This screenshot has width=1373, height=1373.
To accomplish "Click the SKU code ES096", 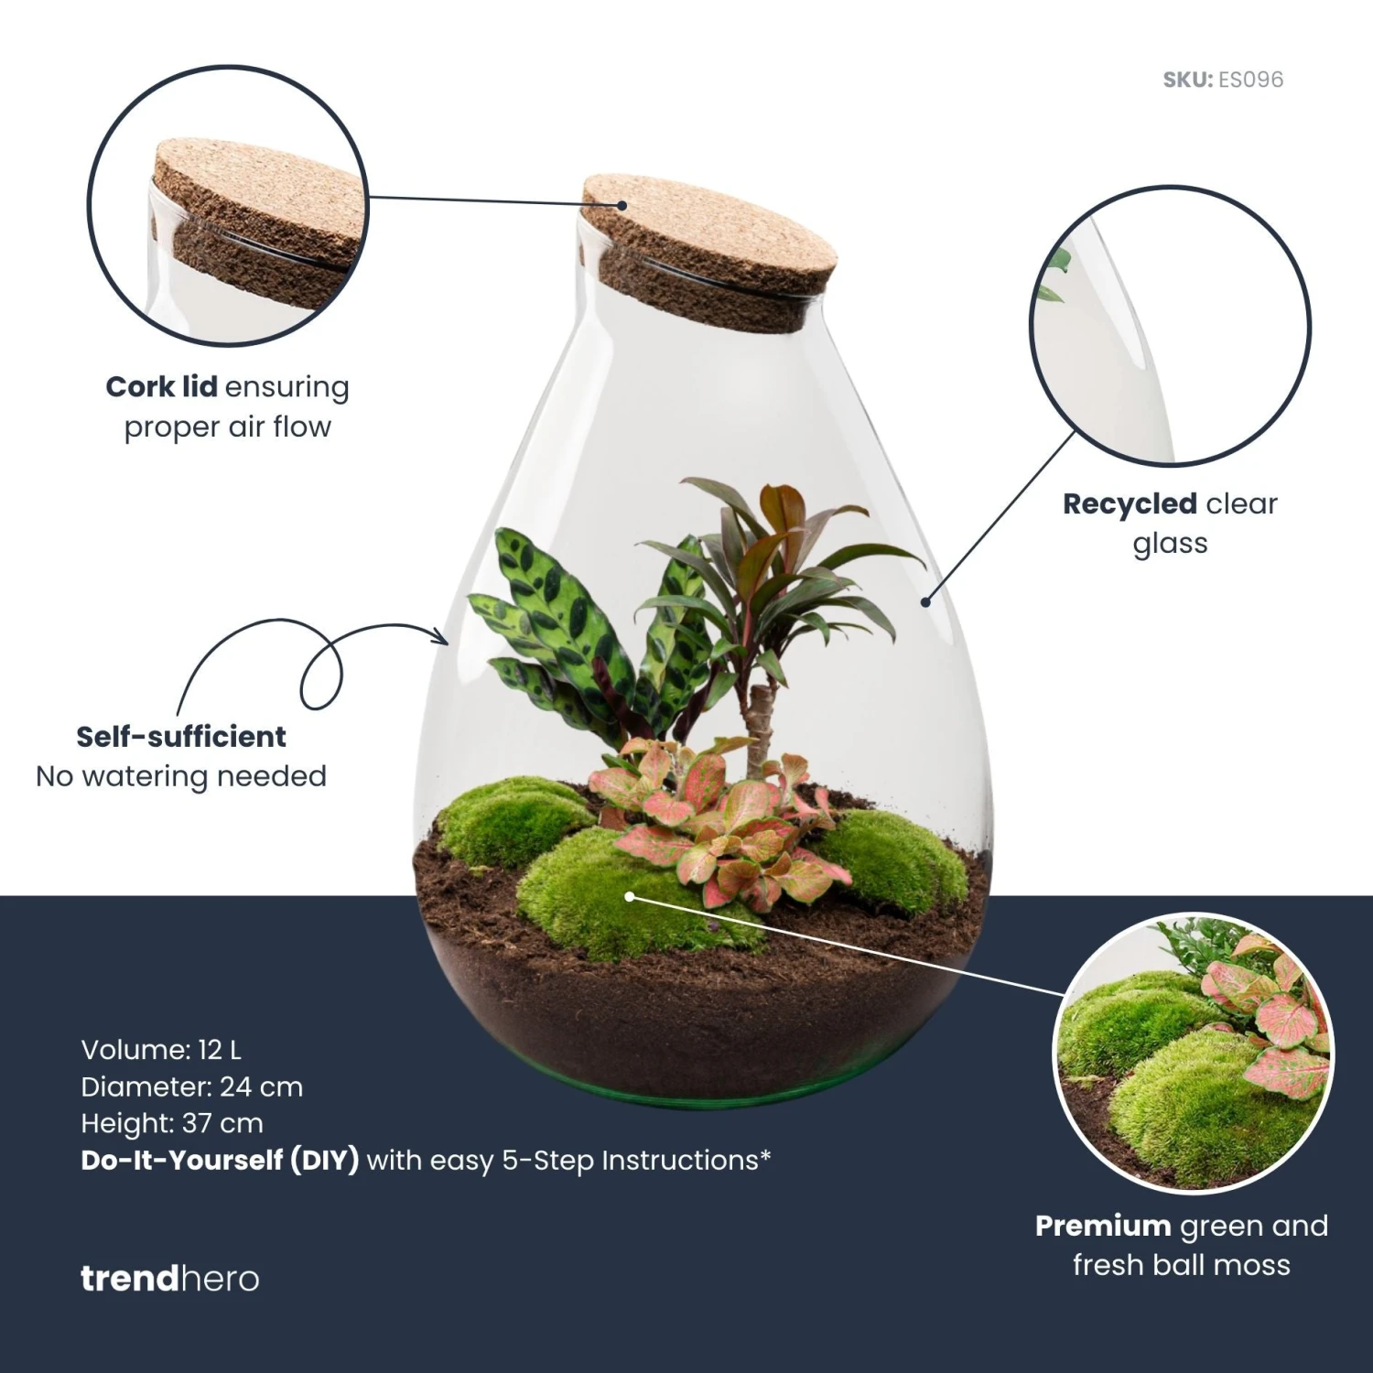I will pyautogui.click(x=1250, y=80).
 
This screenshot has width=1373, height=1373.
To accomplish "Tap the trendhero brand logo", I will pyautogui.click(x=169, y=1278).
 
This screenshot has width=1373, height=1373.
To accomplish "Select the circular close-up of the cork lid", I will pyautogui.click(x=228, y=205).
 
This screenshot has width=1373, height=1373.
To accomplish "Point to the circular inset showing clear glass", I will pyautogui.click(x=1170, y=325).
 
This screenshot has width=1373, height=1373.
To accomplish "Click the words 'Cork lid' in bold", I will pyautogui.click(x=161, y=387).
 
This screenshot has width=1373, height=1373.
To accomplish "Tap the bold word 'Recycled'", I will pyautogui.click(x=1130, y=503).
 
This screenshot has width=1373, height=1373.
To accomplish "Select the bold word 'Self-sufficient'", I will pyautogui.click(x=181, y=737).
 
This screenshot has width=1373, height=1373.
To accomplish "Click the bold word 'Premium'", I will pyautogui.click(x=1102, y=1226).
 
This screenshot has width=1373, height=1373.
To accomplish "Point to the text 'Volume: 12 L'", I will pyautogui.click(x=161, y=1050).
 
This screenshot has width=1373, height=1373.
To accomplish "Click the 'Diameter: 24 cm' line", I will pyautogui.click(x=191, y=1087).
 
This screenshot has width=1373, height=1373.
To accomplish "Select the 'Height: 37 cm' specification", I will pyautogui.click(x=172, y=1123).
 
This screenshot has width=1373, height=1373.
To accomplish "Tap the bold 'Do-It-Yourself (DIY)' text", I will pyautogui.click(x=220, y=1161).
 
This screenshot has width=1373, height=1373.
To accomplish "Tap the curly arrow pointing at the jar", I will pyautogui.click(x=320, y=664).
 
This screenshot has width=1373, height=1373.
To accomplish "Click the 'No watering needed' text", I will pyautogui.click(x=181, y=776).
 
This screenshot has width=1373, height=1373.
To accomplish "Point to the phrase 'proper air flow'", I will pyautogui.click(x=227, y=427).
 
